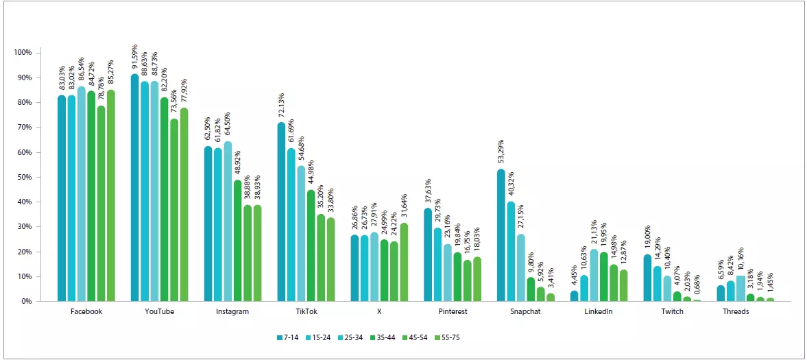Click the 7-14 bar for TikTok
(282, 212)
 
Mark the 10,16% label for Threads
(740, 261)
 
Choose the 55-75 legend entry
(474, 337)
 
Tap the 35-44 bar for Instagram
(237, 241)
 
